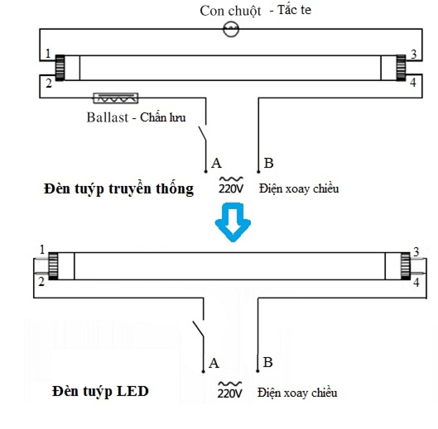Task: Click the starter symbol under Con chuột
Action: click(x=231, y=29)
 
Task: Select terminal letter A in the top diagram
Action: click(x=216, y=161)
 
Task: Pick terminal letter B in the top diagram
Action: click(x=267, y=161)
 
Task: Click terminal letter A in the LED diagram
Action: click(x=214, y=363)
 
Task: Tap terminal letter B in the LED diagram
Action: click(x=267, y=362)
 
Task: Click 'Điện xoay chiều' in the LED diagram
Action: click(x=297, y=391)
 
